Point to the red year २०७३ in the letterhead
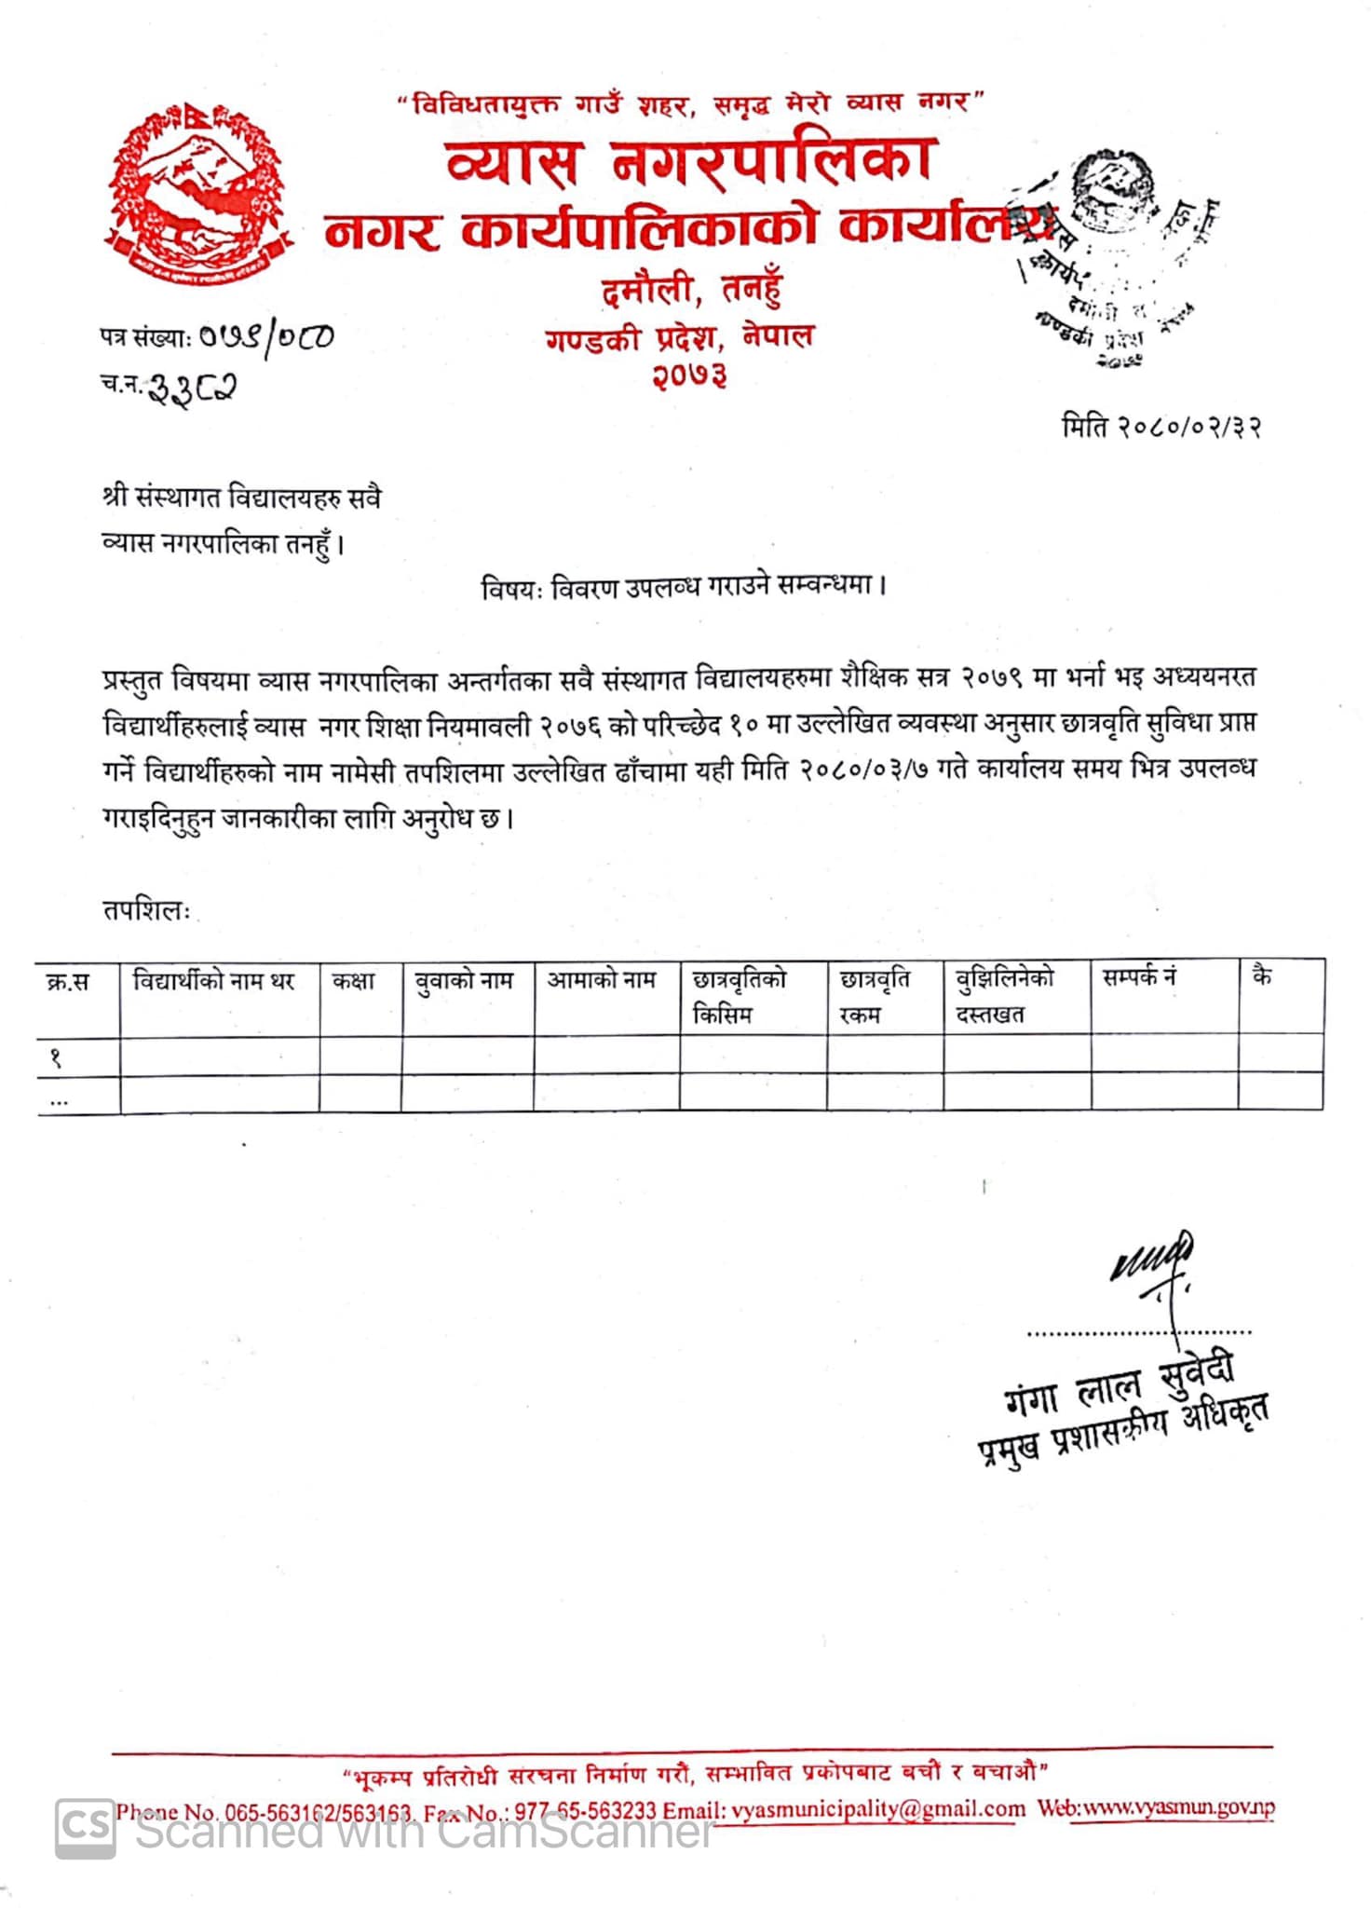coord(689,375)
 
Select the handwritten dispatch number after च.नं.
coord(194,386)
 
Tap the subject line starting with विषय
coord(683,587)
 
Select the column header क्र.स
coord(68,982)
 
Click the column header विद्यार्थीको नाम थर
coord(213,981)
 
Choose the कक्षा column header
coord(354,981)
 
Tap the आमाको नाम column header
coord(602,980)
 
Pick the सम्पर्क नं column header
coord(1139,977)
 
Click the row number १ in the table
coord(56,1057)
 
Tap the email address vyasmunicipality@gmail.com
coord(878,1809)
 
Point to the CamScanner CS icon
coord(86,1828)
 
